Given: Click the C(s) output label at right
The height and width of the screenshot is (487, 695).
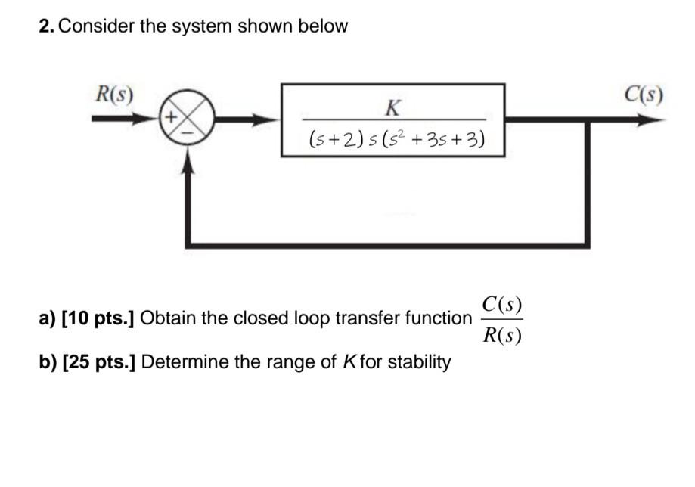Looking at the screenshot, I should [644, 96].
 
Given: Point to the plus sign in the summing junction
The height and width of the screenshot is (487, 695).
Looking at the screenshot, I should [171, 118].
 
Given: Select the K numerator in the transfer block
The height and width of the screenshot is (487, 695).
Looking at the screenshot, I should [392, 107].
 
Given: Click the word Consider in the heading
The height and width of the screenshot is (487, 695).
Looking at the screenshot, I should [95, 26].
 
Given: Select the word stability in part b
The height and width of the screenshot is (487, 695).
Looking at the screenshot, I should [419, 361].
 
